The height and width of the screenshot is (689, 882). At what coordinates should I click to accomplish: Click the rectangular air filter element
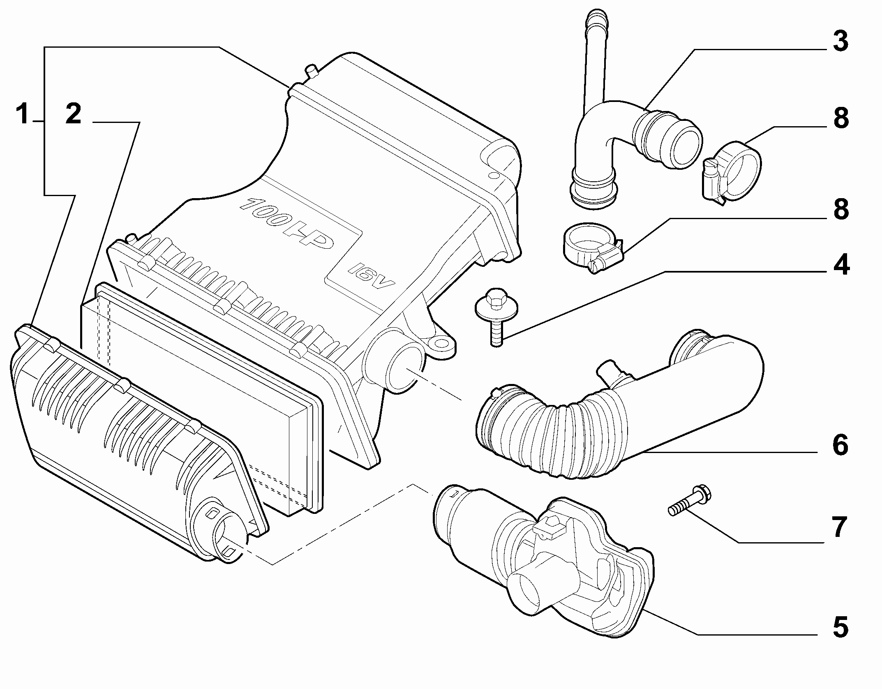tap(201, 395)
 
